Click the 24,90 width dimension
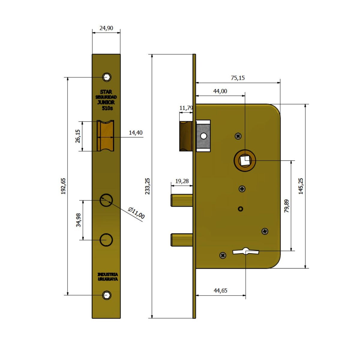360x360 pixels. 106,28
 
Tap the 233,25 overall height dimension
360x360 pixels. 147,186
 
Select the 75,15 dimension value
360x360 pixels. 238,78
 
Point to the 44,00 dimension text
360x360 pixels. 220,91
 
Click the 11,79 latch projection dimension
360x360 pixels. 186,108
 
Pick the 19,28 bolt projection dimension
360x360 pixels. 182,181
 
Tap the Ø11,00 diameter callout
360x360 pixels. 136,213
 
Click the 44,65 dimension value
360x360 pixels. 220,290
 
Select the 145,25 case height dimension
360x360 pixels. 301,186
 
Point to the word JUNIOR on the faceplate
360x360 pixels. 106,102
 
